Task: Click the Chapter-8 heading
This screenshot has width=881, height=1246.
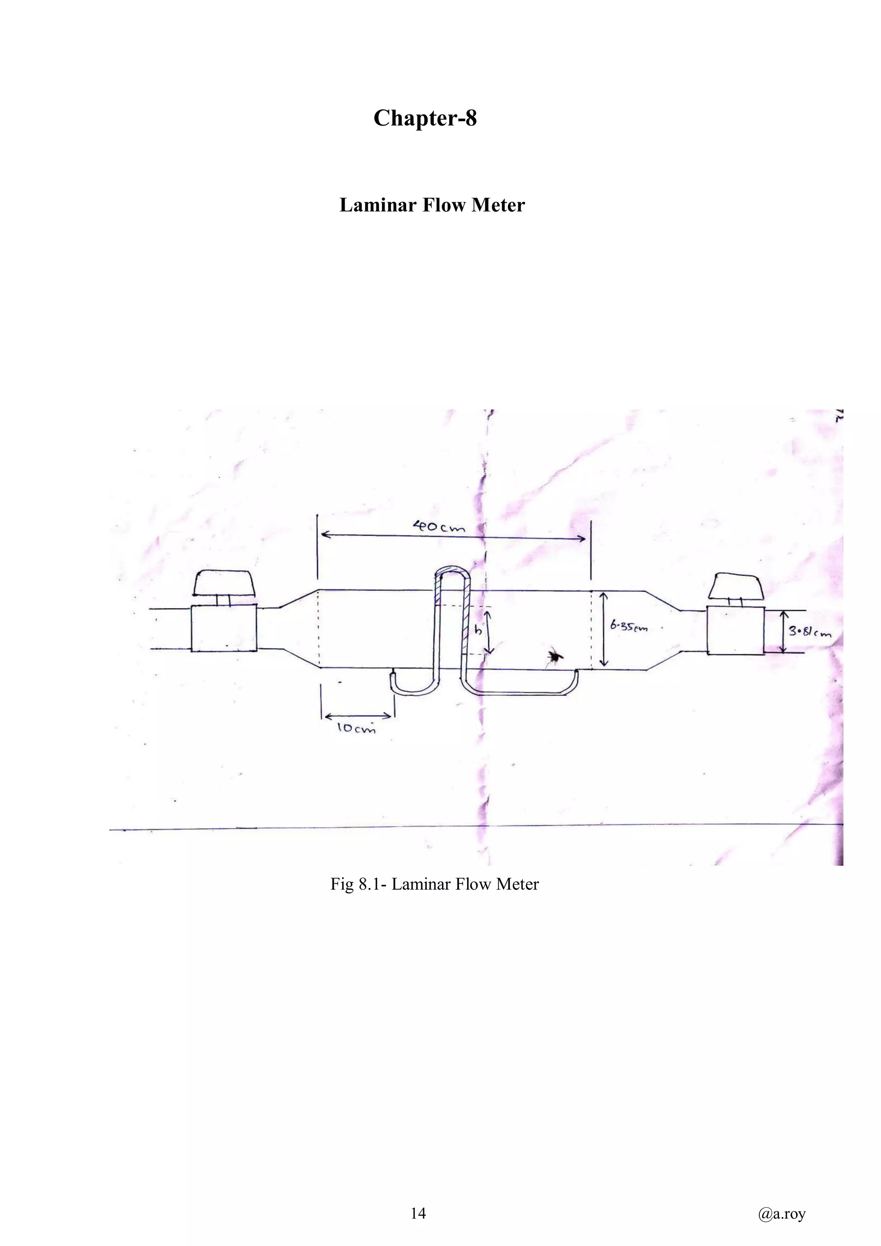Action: tap(425, 118)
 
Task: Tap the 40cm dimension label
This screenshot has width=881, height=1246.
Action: tap(439, 526)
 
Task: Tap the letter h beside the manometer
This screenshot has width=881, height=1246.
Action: tap(477, 631)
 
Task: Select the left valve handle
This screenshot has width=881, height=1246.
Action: tap(225, 583)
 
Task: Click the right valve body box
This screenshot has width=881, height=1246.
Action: tap(736, 631)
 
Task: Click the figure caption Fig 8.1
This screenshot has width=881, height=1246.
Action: tap(434, 884)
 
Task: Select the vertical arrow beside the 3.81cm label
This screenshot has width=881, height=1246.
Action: tap(783, 632)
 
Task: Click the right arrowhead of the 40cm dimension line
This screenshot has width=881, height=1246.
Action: tap(582, 538)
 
